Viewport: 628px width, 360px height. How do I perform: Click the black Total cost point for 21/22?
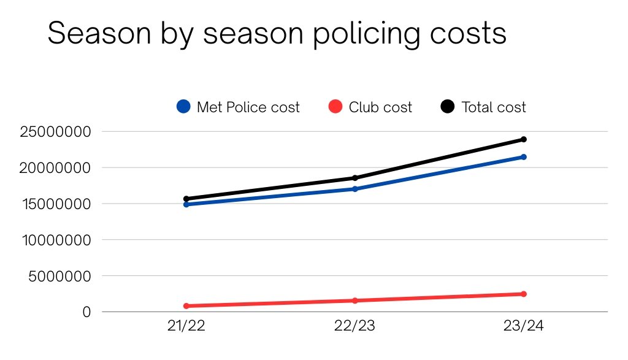click(x=186, y=199)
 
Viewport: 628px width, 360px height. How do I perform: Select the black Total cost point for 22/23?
click(x=354, y=178)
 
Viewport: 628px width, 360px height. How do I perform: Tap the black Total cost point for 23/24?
click(x=523, y=139)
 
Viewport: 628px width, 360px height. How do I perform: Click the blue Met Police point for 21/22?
click(x=186, y=204)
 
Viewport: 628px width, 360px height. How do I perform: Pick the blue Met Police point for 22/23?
click(x=354, y=189)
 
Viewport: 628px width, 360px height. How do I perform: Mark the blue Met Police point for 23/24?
click(x=523, y=157)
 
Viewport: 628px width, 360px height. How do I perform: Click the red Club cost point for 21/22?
click(x=186, y=306)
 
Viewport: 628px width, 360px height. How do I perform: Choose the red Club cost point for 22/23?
click(x=354, y=301)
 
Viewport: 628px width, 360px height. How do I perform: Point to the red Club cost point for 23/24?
click(x=523, y=294)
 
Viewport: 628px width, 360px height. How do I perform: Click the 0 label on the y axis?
click(x=87, y=312)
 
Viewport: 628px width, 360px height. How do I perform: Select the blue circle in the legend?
click(x=183, y=107)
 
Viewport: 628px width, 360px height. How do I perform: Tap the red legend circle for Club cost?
click(x=335, y=107)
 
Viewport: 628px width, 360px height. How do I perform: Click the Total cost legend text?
click(x=493, y=107)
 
